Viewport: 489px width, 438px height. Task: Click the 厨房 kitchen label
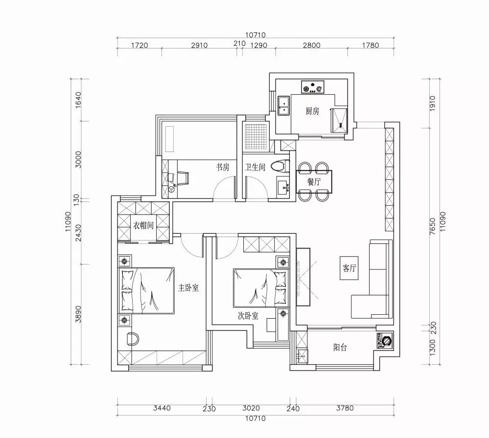(312, 111)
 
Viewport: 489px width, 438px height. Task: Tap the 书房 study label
(223, 167)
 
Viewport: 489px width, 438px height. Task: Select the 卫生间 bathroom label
(255, 167)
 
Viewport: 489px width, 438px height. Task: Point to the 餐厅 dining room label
(314, 182)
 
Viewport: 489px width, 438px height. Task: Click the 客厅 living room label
(349, 268)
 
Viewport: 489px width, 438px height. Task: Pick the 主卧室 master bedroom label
(188, 287)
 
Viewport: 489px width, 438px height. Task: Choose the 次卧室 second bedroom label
(248, 316)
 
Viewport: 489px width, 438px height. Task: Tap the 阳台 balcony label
(340, 348)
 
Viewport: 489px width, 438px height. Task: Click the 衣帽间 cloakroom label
(143, 225)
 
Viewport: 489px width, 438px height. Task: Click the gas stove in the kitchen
(312, 87)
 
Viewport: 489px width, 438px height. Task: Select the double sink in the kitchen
(283, 106)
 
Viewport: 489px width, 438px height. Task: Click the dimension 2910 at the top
(199, 45)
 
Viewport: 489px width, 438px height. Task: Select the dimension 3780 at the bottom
(345, 408)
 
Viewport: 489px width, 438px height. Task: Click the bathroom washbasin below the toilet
(283, 187)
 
